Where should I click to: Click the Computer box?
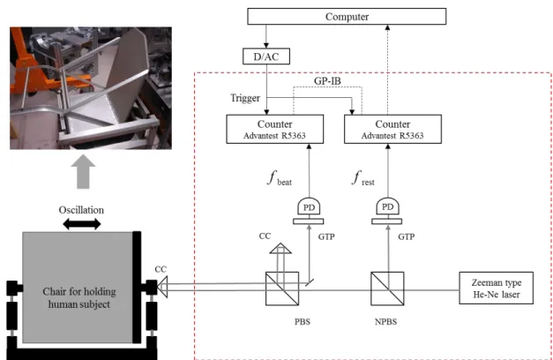347,17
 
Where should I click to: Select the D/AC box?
266,56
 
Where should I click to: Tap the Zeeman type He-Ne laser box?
496,288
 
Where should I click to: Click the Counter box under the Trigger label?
275,129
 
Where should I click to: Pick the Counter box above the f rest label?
392,129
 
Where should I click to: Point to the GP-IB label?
327,81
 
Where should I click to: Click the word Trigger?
245,98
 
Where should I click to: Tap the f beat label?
280,178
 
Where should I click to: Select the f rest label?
362,178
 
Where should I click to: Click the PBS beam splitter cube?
282,289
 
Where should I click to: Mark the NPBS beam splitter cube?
387,289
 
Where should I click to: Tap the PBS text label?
303,322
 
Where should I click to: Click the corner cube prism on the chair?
162,287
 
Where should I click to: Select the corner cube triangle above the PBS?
280,248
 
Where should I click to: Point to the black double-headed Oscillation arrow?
82,224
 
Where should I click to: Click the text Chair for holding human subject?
79,298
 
